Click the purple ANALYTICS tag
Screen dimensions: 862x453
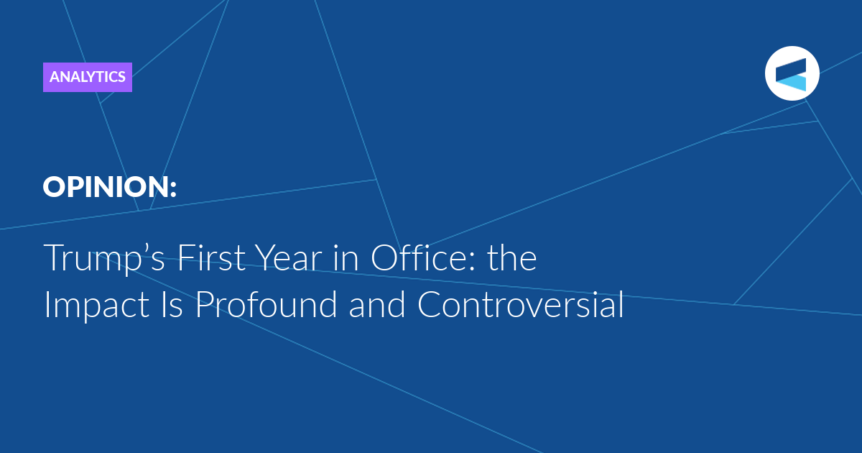pos(88,77)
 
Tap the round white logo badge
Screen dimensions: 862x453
pos(792,73)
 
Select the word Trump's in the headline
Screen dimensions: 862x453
pos(104,258)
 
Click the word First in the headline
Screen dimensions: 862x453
pos(211,257)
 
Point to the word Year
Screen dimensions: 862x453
pos(289,257)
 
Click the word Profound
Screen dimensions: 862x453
pos(267,304)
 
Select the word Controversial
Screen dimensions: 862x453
pos(520,304)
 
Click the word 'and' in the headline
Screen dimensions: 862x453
pos(376,304)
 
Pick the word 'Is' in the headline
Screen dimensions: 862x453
pos(172,305)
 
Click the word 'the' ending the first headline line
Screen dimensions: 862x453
pos(511,257)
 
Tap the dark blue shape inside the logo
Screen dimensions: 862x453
pos(791,69)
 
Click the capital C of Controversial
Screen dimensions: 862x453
pos(430,304)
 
